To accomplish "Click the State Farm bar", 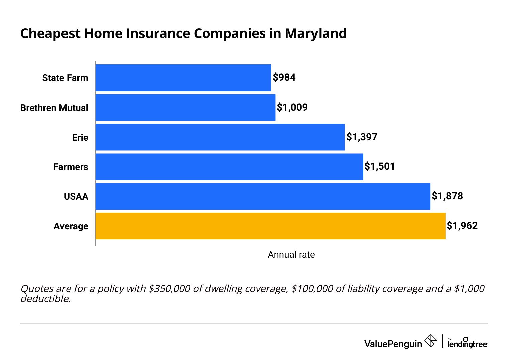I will [183, 78].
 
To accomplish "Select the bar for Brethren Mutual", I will [185, 108].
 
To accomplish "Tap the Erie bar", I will [220, 137].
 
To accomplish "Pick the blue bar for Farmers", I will [229, 167].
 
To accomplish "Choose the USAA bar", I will [263, 196].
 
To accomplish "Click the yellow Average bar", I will [270, 226].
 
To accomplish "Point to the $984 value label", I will [284, 77].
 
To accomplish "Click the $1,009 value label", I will [292, 107].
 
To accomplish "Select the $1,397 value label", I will [362, 137].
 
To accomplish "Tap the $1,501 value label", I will [380, 166].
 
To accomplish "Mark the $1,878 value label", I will [447, 196].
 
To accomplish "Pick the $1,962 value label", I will [462, 226].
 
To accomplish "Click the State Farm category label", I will [65, 78].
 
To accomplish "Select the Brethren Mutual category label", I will [54, 108].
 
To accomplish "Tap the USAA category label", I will [76, 197].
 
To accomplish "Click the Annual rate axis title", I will [291, 255].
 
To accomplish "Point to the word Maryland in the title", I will [315, 34].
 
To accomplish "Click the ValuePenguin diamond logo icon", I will [430, 341].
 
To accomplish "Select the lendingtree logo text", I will [467, 344].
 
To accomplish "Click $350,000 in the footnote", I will [169, 289].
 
